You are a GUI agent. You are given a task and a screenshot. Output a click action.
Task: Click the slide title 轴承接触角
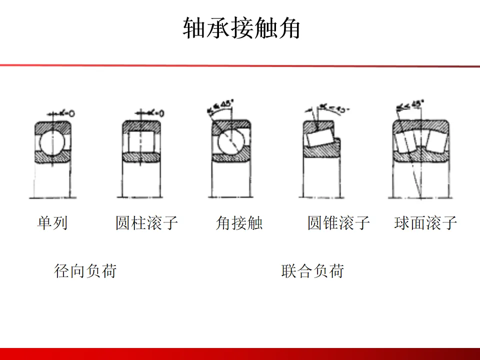241,28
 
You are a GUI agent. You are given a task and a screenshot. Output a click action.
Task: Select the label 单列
52,222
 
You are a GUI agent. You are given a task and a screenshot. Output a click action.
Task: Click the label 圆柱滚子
146,222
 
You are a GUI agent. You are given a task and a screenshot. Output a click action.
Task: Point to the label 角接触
239,222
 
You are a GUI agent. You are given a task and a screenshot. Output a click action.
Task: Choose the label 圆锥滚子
338,222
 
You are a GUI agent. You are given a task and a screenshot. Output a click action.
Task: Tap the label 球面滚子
425,222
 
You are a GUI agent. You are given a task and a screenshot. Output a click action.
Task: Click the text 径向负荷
85,271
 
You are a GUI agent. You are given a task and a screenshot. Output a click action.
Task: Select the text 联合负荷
312,271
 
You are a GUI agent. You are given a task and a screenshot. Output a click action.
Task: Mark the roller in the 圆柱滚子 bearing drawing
141,141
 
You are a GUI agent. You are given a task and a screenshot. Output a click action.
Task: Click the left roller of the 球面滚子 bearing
406,142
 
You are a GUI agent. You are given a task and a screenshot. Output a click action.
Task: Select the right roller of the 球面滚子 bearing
437,142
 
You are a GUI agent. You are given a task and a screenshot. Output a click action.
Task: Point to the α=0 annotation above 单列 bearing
65,113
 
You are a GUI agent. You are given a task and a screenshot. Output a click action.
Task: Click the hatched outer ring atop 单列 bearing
52,125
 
